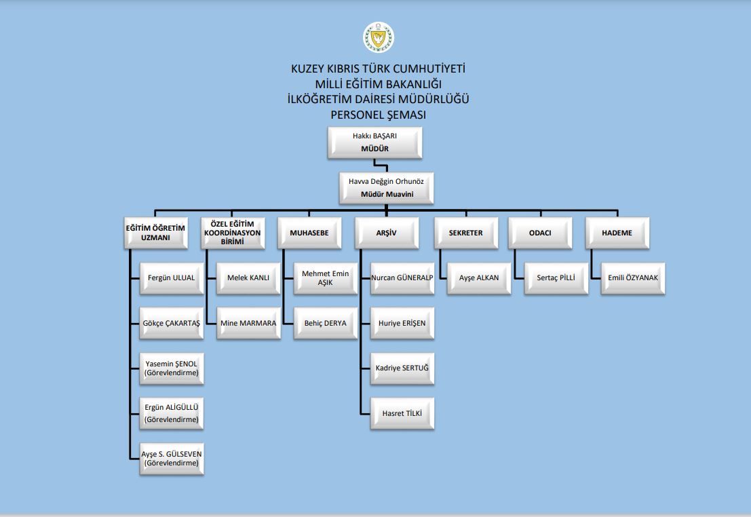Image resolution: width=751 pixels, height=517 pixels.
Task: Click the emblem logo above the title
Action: click(379, 37)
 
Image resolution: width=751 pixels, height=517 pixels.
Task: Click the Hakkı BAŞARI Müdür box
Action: click(374, 142)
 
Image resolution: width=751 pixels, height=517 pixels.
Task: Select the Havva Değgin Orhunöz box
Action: click(386, 188)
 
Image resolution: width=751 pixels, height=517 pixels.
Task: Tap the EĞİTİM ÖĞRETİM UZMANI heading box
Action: click(155, 233)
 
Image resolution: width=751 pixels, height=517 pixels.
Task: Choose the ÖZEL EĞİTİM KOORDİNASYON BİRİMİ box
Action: click(233, 233)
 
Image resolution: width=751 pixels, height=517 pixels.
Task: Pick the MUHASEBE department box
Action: click(309, 233)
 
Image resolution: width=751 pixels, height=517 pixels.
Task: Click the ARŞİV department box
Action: click(387, 233)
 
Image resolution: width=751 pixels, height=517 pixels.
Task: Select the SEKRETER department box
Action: click(466, 233)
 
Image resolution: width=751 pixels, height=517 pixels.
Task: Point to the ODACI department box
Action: click(540, 233)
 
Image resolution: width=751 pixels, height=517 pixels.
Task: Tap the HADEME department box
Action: click(617, 233)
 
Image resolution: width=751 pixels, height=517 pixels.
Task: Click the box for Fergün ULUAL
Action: click(172, 278)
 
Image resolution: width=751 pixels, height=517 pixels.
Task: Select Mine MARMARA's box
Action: click(248, 324)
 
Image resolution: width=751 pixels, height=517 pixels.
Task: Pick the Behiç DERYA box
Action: click(326, 324)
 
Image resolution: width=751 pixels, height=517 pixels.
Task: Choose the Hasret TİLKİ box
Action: click(402, 413)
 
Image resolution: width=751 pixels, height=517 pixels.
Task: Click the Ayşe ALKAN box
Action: click(479, 278)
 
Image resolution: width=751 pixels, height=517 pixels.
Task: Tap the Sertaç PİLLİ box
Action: click(556, 278)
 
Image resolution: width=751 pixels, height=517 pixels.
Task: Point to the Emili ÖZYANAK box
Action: click(633, 278)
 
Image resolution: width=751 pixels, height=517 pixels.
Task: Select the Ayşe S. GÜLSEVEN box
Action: click(172, 459)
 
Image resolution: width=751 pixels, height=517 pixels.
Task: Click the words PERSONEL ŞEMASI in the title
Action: click(379, 115)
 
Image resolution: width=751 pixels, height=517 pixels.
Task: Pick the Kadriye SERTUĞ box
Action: click(402, 368)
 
